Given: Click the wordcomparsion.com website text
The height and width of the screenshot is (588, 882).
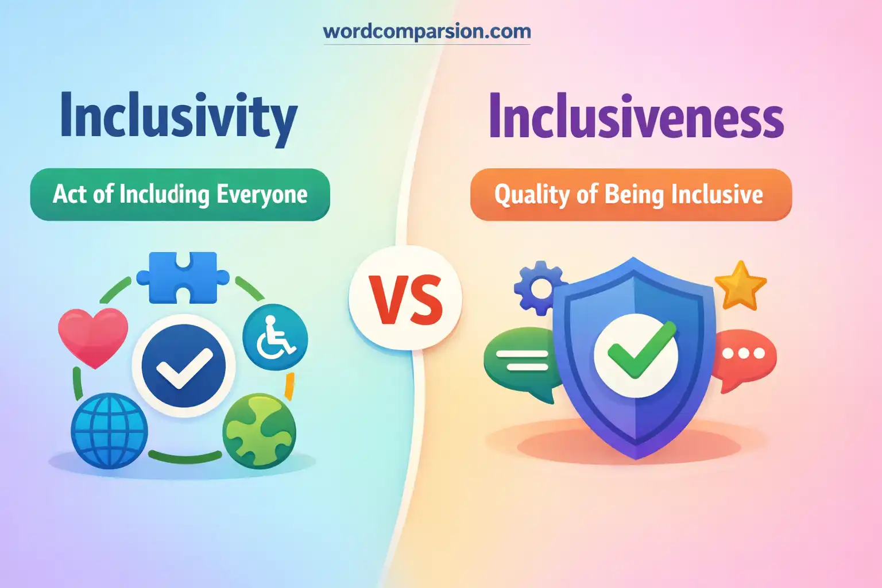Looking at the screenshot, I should click(427, 31).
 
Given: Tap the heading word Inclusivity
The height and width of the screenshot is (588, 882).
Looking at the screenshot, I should click(179, 117).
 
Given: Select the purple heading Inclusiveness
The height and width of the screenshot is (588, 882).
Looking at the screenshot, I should click(636, 117).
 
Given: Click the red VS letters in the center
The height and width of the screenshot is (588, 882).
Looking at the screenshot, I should click(406, 300).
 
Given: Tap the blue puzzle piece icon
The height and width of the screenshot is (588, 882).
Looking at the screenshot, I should click(183, 277).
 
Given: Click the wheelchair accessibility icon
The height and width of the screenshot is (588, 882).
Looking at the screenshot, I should click(275, 337).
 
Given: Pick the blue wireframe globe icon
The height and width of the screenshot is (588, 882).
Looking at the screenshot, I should click(109, 430).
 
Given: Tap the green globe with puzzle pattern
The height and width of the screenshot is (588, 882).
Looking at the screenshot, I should click(260, 430).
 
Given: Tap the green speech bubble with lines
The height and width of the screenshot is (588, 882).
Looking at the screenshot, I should click(518, 362).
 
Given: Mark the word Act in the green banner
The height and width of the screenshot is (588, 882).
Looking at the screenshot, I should click(69, 195).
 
